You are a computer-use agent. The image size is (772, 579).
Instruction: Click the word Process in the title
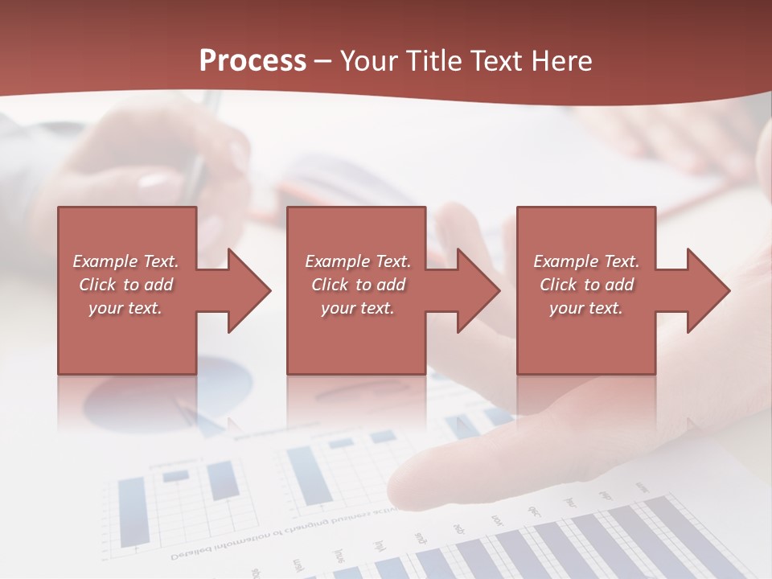pyautogui.click(x=253, y=61)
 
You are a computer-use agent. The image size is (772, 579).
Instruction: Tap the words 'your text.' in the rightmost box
pyautogui.click(x=585, y=308)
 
